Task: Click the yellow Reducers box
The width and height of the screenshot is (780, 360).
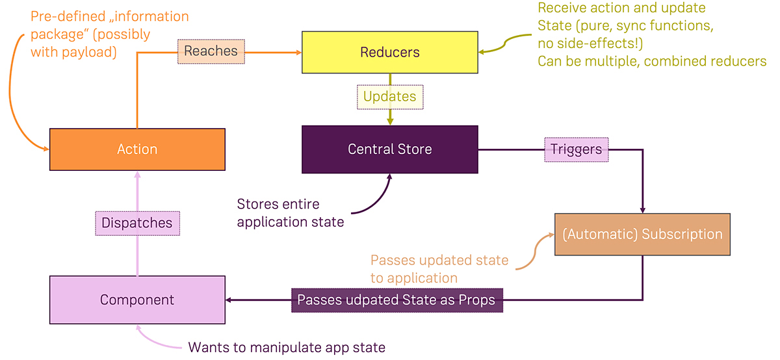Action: tap(389, 52)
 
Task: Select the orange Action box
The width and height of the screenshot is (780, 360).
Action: tap(137, 149)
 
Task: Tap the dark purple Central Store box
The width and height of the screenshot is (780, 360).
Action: tap(389, 149)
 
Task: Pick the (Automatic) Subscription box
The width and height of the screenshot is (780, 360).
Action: tap(642, 235)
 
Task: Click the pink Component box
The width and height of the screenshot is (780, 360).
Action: tap(137, 300)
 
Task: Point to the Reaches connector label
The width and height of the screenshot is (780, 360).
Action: tap(211, 51)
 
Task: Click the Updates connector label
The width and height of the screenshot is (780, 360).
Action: tap(389, 97)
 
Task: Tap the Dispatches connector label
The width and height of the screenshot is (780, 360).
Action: tap(137, 223)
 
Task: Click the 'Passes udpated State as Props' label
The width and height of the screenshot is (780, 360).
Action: tap(396, 300)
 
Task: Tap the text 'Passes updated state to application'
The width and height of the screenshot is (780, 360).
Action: tap(439, 269)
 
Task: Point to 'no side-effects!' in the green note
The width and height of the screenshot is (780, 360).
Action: tap(586, 44)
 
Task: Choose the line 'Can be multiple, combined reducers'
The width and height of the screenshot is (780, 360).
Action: tap(651, 61)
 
